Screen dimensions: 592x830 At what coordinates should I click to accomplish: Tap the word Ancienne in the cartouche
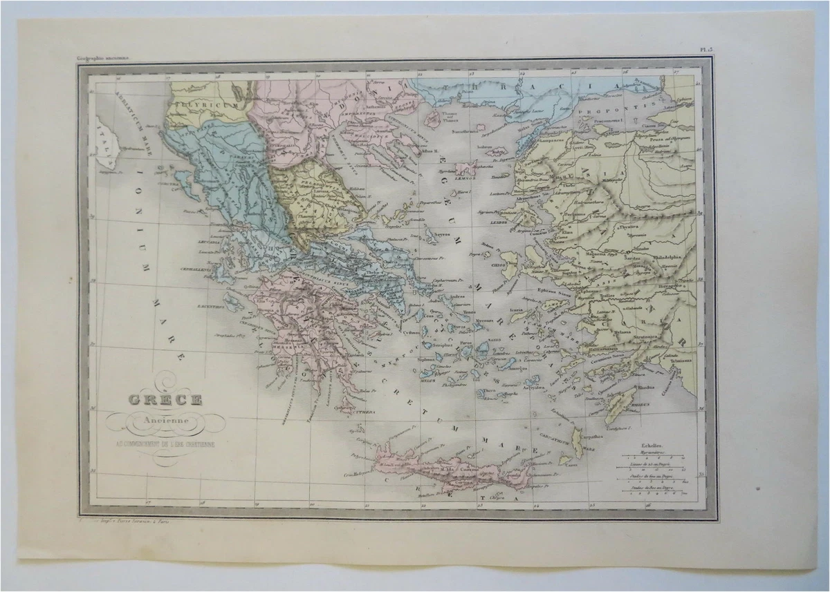[163, 419]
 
